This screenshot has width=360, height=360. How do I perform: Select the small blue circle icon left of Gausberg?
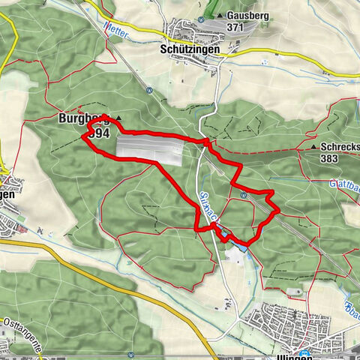pyautogui.click(x=201, y=19)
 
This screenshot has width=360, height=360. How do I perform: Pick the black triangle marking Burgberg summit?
pyautogui.click(x=118, y=119)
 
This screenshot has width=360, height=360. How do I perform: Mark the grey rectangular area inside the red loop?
pyautogui.click(x=150, y=148)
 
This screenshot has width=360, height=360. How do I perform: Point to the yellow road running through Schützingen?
pyautogui.click(x=247, y=53)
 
